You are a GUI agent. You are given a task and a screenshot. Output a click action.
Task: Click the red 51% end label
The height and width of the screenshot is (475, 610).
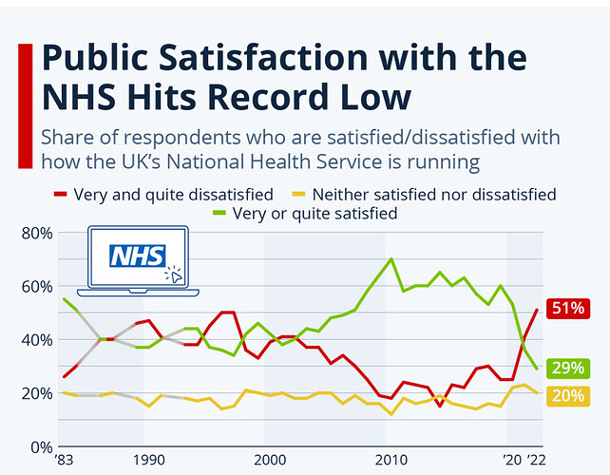(572, 309)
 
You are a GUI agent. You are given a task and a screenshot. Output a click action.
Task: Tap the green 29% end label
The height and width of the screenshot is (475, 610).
(572, 368)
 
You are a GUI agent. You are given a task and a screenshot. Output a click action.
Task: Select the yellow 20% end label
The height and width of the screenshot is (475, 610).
(572, 396)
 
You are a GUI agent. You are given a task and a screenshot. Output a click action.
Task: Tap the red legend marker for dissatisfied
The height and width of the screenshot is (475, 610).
(60, 195)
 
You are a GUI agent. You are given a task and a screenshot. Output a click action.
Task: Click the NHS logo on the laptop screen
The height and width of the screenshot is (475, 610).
(139, 256)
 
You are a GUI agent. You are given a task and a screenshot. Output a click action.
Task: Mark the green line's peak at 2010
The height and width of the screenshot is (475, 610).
(391, 258)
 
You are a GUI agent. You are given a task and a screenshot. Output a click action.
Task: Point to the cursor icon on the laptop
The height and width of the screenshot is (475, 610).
(173, 275)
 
